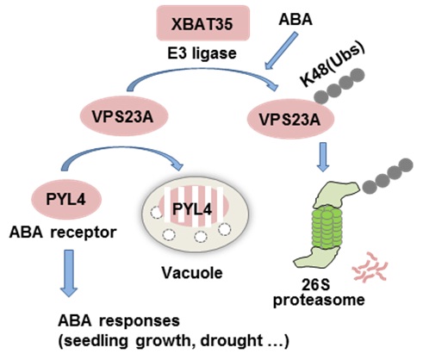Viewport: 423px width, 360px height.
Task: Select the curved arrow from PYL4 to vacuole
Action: pyautogui.click(x=129, y=153)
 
